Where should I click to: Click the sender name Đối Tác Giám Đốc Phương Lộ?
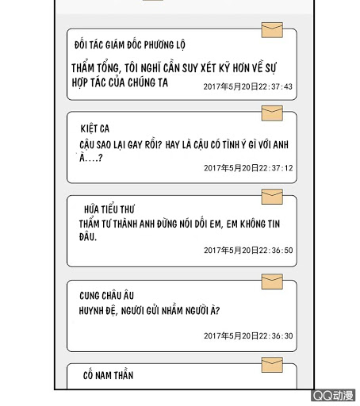pyautogui.click(x=130, y=45)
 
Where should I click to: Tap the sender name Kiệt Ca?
pyautogui.click(x=95, y=128)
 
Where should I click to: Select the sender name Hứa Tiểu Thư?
pyautogui.click(x=109, y=209)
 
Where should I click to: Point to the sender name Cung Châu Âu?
pyautogui.click(x=107, y=296)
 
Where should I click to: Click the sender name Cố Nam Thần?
pyautogui.click(x=108, y=375)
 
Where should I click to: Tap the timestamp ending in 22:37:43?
pyautogui.click(x=248, y=86)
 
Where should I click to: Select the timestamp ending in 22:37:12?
pyautogui.click(x=248, y=168)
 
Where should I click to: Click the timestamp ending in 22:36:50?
pyautogui.click(x=248, y=251)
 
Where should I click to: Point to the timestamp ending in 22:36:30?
pyautogui.click(x=248, y=336)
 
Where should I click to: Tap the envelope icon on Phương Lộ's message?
pyautogui.click(x=272, y=30)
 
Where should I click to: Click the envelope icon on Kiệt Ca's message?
pyautogui.click(x=272, y=113)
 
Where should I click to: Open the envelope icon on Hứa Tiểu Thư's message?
pyautogui.click(x=272, y=197)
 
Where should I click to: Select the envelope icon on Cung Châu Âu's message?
pyautogui.click(x=272, y=282)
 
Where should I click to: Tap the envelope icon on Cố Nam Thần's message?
pyautogui.click(x=272, y=365)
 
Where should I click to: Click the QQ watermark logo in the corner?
pyautogui.click(x=333, y=396)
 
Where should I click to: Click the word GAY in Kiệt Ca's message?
pyautogui.click(x=135, y=145)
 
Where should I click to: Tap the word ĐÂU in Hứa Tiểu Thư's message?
pyautogui.click(x=88, y=237)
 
